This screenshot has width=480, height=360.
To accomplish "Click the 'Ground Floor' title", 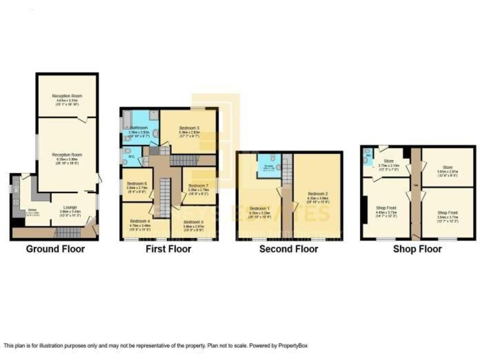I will [x=55, y=249].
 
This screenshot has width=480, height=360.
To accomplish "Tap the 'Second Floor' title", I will [x=289, y=249].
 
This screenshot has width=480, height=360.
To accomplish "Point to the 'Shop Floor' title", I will [x=417, y=249].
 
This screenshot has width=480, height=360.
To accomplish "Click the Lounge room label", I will [x=69, y=208].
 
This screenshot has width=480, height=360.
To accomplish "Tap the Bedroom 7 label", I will [x=198, y=186].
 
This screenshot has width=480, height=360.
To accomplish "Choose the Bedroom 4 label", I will [x=140, y=221].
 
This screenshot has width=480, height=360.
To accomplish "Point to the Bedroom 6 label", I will [x=136, y=182].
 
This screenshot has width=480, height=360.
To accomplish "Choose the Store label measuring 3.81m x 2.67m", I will [x=447, y=167].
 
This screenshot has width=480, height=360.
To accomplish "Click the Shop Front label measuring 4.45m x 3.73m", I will [x=386, y=208].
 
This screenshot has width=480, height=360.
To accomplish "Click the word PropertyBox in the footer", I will [x=291, y=345].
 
